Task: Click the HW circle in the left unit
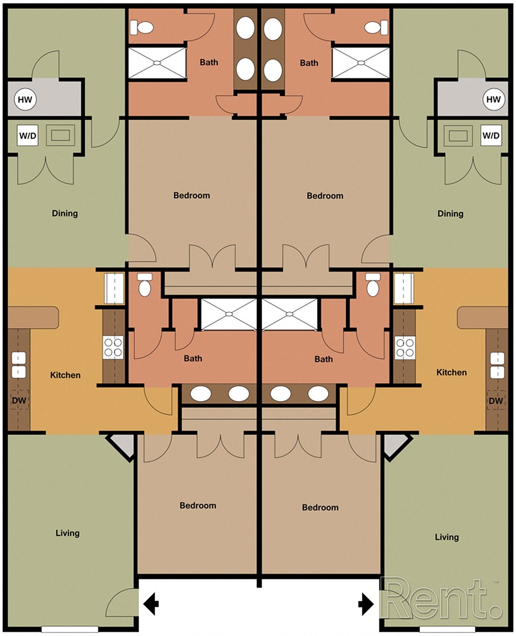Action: point(25,99)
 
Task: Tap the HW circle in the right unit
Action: point(493,99)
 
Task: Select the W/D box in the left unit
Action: point(28,136)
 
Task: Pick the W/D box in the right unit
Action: point(491,136)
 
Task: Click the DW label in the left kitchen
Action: point(19,401)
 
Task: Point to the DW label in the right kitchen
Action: point(496,401)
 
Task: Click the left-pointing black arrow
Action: point(151,603)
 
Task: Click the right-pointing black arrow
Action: point(366,603)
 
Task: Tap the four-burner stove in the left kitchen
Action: point(113,347)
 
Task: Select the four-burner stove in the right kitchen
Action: point(405,347)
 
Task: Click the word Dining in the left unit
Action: point(65,213)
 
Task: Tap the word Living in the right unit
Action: point(447,537)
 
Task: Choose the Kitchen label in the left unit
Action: point(66,375)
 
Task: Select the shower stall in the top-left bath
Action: point(157,63)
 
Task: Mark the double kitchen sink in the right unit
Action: point(497,365)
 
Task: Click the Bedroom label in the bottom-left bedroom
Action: point(198,505)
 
